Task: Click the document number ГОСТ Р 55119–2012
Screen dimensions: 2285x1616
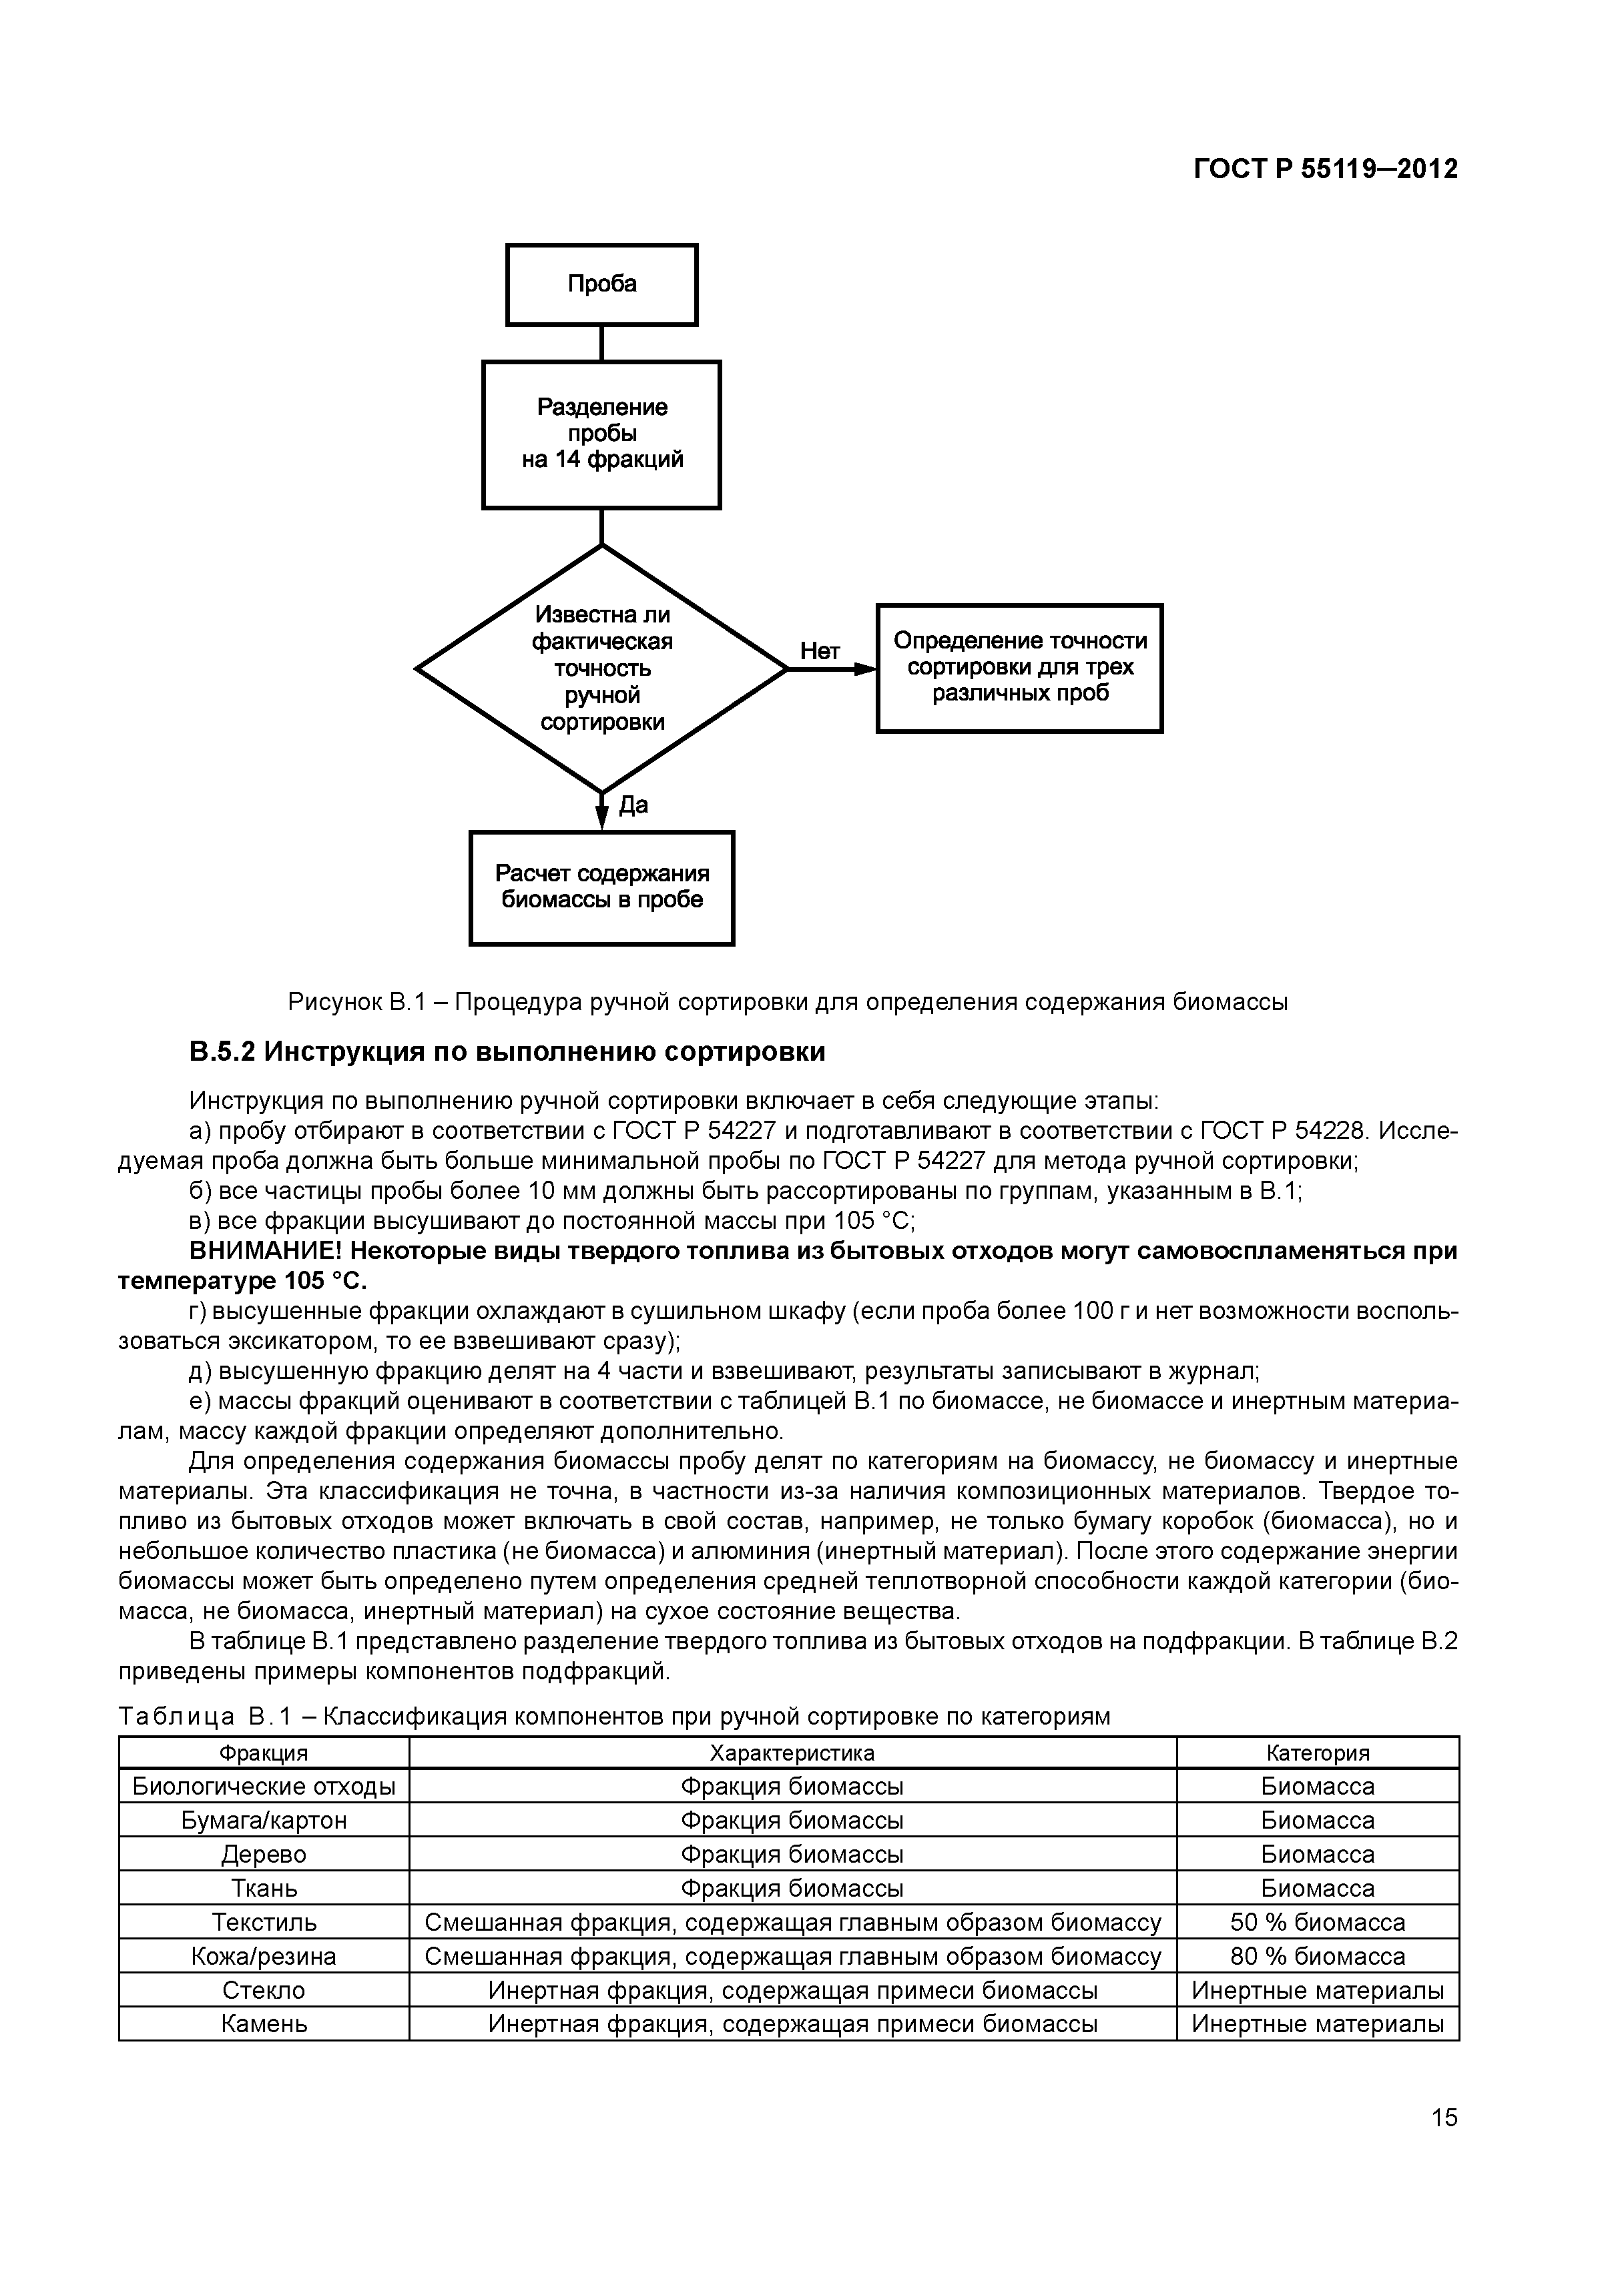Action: (x=1325, y=169)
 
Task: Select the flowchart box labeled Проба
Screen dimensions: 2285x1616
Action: (x=601, y=285)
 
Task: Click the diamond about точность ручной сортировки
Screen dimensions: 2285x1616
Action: (x=601, y=668)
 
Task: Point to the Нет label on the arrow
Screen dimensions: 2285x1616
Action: (x=820, y=651)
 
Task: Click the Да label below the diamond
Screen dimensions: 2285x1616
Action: (x=633, y=805)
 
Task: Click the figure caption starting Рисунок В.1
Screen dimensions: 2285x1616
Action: (x=786, y=1002)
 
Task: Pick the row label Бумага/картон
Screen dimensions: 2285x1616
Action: (x=264, y=1820)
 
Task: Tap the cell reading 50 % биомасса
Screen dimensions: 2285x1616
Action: (x=1317, y=1922)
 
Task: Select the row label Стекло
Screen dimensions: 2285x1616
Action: (x=264, y=1989)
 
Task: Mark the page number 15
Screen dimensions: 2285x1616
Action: (x=1442, y=2145)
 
